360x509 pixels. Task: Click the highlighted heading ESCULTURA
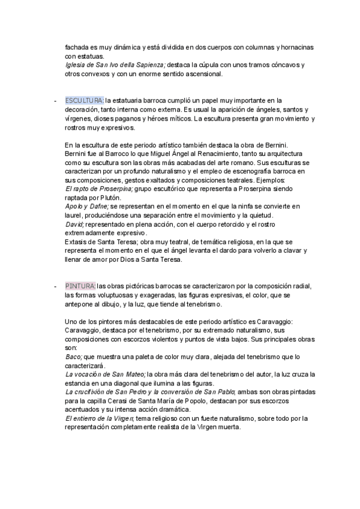coord(84,100)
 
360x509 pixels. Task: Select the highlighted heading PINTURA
coord(80,286)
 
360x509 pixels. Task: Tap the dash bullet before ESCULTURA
coord(55,100)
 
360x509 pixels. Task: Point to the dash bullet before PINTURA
coord(55,286)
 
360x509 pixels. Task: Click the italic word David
coord(74,224)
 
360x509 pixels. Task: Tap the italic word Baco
coord(73,357)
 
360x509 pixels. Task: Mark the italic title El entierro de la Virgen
coord(100,418)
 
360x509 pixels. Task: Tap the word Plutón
coord(110,197)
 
